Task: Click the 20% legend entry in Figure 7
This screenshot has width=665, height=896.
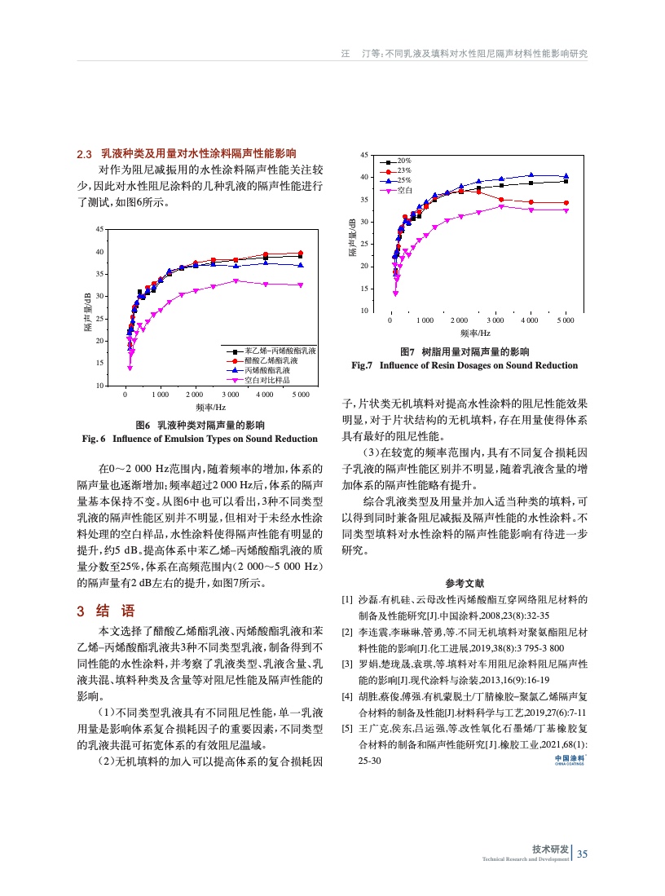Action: tap(403, 161)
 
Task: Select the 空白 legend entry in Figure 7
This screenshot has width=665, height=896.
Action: tap(403, 189)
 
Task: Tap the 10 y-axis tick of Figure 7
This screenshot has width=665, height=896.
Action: tap(377, 311)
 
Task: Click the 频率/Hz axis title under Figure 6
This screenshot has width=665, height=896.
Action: tap(210, 407)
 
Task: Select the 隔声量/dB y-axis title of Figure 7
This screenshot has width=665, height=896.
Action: tap(353, 238)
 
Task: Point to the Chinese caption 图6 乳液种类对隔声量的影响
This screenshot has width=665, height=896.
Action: tap(200, 425)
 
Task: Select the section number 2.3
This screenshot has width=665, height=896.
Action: tap(84, 153)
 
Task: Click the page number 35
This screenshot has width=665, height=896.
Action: tap(582, 854)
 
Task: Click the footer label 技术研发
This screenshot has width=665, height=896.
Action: tap(550, 849)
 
